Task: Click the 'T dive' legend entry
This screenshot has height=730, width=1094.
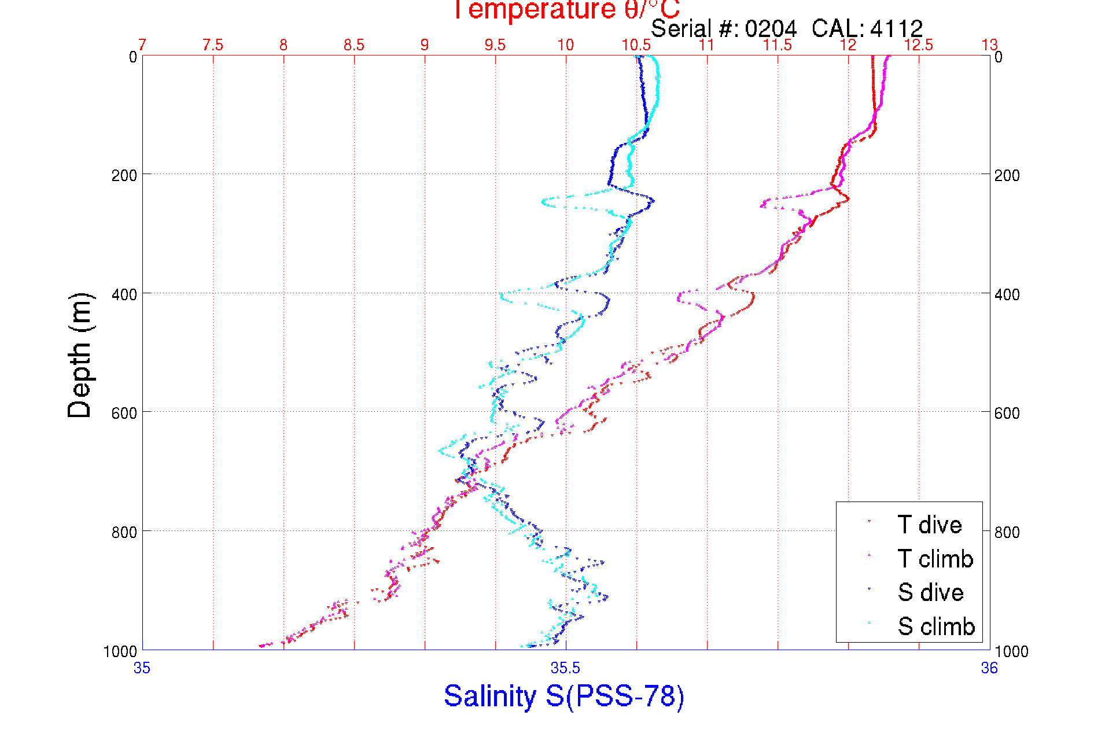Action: point(929,525)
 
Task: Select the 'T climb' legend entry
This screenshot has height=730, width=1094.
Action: point(935,559)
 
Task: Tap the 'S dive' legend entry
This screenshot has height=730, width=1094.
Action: point(930,592)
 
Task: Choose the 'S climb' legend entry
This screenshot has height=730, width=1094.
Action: point(936,626)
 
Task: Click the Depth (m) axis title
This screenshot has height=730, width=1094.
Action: point(80,355)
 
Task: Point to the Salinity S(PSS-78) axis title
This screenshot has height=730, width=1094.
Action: point(564,696)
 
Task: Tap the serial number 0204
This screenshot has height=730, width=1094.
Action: point(771,28)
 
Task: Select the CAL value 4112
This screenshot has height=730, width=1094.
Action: point(896,28)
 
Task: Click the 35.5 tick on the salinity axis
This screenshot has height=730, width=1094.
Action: point(565,668)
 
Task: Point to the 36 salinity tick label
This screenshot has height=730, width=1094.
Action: point(989,668)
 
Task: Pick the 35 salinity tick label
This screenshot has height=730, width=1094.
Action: point(142,668)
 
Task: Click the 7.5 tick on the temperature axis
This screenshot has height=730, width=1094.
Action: point(213,45)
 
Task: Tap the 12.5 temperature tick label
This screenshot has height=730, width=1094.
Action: point(919,45)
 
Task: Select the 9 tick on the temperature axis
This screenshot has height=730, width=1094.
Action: point(425,45)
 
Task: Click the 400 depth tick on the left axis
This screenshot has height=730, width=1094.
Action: point(124,294)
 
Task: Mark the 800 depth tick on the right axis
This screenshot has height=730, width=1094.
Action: point(1007,532)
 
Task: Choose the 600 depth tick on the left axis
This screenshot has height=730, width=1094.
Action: point(124,413)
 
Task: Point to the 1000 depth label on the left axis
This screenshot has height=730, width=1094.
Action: point(120,651)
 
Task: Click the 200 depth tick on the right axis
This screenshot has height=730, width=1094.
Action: point(1007,175)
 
